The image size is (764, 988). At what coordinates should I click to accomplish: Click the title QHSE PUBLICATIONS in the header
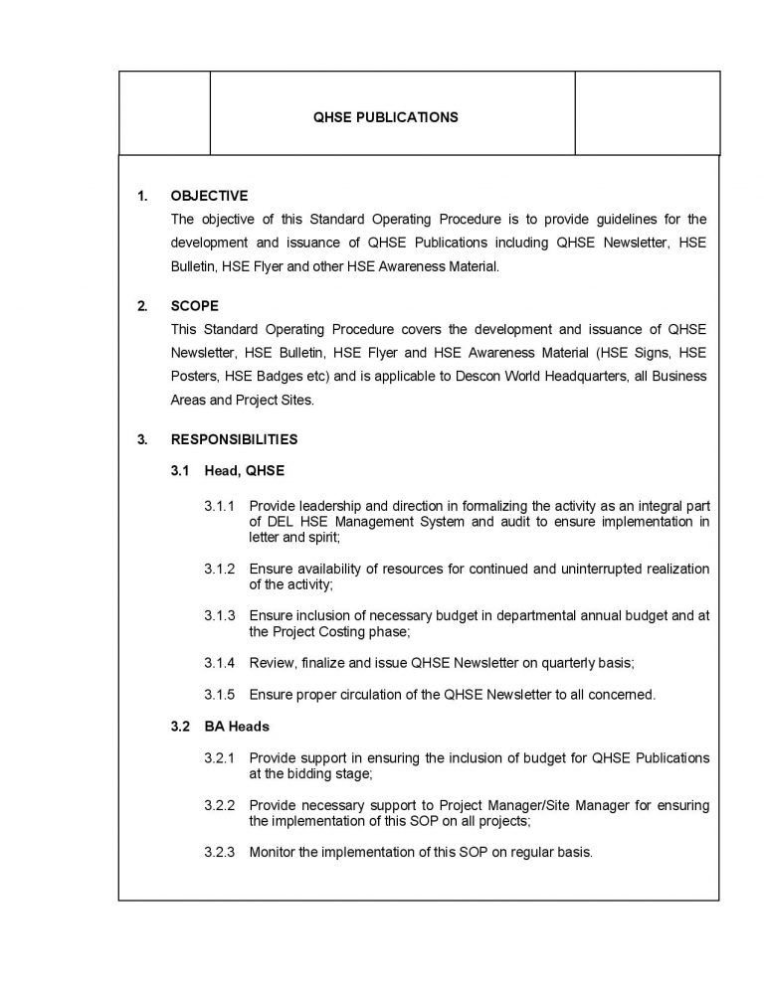[386, 117]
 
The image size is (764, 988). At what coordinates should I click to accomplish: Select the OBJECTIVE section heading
[209, 196]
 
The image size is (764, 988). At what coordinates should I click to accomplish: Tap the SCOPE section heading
[194, 306]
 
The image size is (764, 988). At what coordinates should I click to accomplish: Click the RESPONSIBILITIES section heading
[234, 438]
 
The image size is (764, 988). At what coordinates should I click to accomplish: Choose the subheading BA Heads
[235, 727]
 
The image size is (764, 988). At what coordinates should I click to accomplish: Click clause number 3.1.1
[220, 506]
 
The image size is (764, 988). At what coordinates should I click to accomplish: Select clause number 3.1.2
[220, 569]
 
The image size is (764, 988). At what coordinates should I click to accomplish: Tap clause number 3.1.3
[220, 616]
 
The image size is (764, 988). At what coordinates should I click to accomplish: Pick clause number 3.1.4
[220, 663]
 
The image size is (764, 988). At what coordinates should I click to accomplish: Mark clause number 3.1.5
[220, 695]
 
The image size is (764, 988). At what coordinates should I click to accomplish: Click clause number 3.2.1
[220, 758]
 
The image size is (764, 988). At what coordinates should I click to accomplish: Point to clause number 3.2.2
[220, 805]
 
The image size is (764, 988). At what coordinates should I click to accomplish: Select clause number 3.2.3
[220, 853]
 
